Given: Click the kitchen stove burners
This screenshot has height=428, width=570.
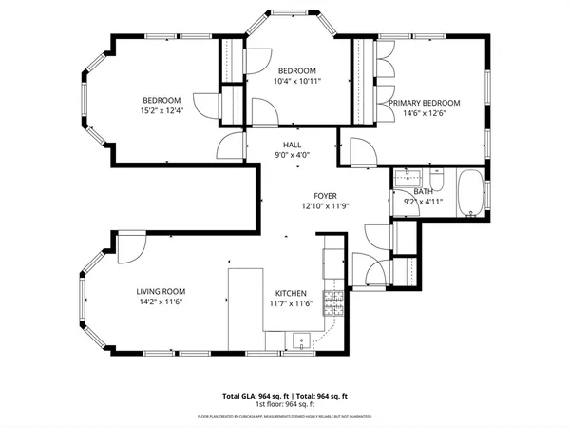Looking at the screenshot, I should (332, 304).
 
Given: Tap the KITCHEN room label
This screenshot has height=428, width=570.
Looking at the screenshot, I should (291, 293).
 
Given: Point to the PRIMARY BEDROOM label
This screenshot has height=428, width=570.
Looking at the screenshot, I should (424, 103).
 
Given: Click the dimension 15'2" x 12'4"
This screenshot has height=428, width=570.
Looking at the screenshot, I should (161, 110).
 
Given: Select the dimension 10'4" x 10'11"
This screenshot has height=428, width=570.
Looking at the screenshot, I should (298, 82).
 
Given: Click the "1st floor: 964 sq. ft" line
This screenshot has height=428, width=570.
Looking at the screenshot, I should (284, 403).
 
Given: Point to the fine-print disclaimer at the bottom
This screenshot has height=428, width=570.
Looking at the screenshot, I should (284, 417).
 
